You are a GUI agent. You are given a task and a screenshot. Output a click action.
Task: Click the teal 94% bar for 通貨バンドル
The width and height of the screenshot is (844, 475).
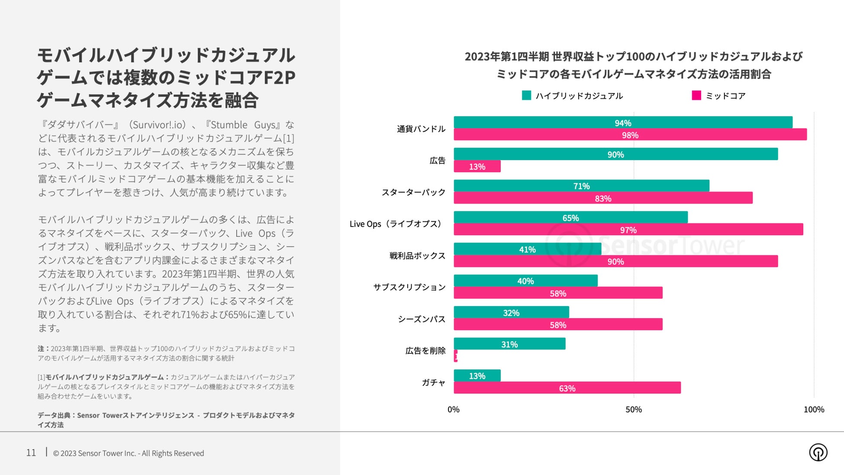[623, 123]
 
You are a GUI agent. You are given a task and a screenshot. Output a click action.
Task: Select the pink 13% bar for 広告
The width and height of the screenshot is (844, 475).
[477, 167]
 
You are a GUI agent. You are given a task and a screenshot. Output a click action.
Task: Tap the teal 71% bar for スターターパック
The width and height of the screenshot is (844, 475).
[581, 186]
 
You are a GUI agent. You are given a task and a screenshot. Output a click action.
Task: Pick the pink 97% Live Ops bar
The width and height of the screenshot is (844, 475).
[628, 229]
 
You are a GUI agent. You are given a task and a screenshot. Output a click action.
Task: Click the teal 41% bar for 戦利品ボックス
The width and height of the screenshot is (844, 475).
[527, 249]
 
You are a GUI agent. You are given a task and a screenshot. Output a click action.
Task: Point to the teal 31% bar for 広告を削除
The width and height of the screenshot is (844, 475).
[509, 344]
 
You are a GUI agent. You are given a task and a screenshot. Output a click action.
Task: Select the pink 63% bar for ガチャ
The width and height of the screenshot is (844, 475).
[567, 388]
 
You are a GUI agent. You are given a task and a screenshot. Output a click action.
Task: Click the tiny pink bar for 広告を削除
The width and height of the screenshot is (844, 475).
[455, 356]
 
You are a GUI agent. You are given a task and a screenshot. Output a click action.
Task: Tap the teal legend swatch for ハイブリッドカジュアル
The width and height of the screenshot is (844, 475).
[526, 95]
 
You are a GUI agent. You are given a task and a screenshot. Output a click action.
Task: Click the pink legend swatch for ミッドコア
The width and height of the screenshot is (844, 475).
[696, 95]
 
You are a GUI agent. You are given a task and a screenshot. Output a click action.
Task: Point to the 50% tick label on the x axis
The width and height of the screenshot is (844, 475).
[634, 410]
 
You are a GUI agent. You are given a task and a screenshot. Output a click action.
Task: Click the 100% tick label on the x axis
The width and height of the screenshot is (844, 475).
[814, 410]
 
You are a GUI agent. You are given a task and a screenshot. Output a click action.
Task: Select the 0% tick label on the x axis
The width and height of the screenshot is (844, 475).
[453, 410]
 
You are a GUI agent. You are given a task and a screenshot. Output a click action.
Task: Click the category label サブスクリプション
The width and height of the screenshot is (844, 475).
[409, 287]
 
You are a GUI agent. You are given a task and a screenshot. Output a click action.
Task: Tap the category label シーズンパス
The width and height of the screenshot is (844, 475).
[421, 319]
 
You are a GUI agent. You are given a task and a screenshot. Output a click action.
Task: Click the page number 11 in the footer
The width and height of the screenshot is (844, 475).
[31, 453]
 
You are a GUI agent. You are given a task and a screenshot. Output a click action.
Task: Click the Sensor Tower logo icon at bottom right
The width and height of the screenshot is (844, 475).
[818, 452]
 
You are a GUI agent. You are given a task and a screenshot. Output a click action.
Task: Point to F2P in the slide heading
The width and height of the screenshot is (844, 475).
[279, 78]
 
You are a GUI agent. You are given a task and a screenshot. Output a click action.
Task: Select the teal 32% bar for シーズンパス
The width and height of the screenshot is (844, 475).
[511, 312]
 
